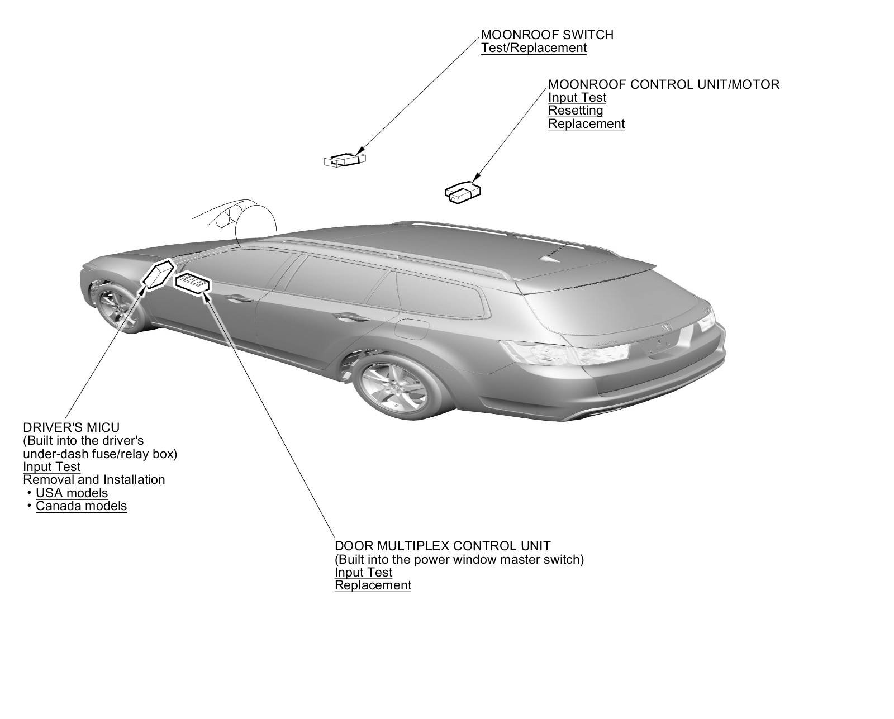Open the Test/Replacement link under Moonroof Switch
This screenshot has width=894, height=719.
click(x=534, y=48)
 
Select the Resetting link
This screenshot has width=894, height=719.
click(x=576, y=111)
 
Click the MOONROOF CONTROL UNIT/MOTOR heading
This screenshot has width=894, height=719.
click(x=663, y=84)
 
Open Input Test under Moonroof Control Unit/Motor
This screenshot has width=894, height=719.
click(x=577, y=98)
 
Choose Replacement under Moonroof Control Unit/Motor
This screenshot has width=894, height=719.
click(x=586, y=124)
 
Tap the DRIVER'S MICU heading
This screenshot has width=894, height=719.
click(x=71, y=428)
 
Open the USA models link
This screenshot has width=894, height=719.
click(x=72, y=493)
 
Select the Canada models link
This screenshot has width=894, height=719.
click(x=81, y=506)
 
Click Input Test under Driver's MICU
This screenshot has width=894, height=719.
click(x=51, y=467)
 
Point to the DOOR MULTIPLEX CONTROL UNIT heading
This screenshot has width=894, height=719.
click(x=442, y=546)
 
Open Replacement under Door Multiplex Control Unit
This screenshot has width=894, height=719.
click(x=373, y=585)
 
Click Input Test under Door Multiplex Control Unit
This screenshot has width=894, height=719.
click(x=363, y=573)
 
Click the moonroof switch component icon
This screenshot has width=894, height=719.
click(x=345, y=160)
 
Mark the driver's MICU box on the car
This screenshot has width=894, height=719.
click(x=158, y=274)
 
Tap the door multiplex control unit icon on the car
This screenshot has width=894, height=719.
click(x=193, y=283)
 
